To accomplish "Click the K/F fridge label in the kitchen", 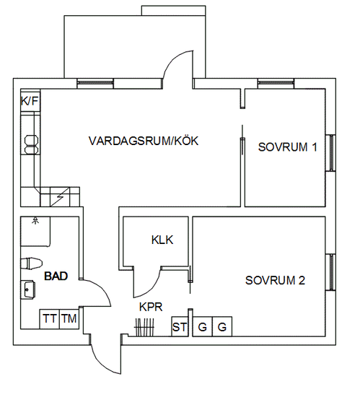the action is (30, 102).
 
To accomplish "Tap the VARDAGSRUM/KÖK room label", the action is (144, 141).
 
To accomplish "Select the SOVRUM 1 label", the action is (287, 147).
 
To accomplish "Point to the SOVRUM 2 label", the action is (275, 280).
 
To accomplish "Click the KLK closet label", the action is (162, 240).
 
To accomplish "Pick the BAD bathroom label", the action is (56, 276).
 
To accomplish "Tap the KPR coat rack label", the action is (151, 307).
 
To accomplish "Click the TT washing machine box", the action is (50, 319).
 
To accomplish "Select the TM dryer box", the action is (69, 319).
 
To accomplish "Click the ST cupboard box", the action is (180, 326).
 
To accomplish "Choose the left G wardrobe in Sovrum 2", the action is (203, 326).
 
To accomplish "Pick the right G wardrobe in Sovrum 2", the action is (222, 326).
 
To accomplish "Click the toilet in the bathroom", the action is (31, 263).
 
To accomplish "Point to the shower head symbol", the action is (35, 221).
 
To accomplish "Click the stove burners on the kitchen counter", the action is (31, 144).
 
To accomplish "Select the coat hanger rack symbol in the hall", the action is (144, 327).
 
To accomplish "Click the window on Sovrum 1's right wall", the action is (330, 153).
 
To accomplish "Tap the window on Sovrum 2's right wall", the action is (330, 272).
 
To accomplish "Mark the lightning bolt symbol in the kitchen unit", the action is (60, 197).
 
